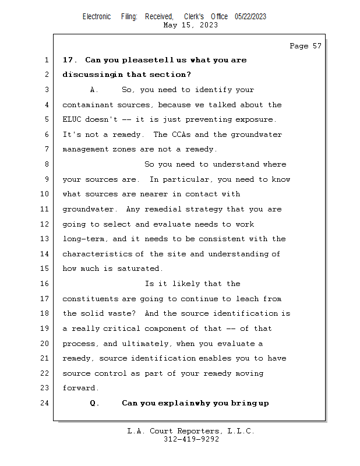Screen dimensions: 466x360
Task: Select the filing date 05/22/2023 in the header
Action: tap(250, 17)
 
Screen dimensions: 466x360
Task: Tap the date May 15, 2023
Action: tap(191, 25)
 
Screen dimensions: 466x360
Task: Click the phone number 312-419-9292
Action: tap(191, 439)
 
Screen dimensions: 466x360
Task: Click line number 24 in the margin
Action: tap(45, 403)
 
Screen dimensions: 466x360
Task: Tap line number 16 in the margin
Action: tap(45, 284)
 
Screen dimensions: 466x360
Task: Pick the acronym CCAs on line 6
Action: tap(182, 135)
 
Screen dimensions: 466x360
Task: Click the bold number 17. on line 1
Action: tap(70, 60)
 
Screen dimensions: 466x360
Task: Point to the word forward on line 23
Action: tap(80, 388)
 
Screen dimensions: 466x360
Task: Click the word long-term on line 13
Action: tap(85, 239)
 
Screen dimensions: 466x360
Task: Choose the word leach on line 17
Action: tap(247, 299)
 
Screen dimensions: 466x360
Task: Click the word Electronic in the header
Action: tap(97, 17)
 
